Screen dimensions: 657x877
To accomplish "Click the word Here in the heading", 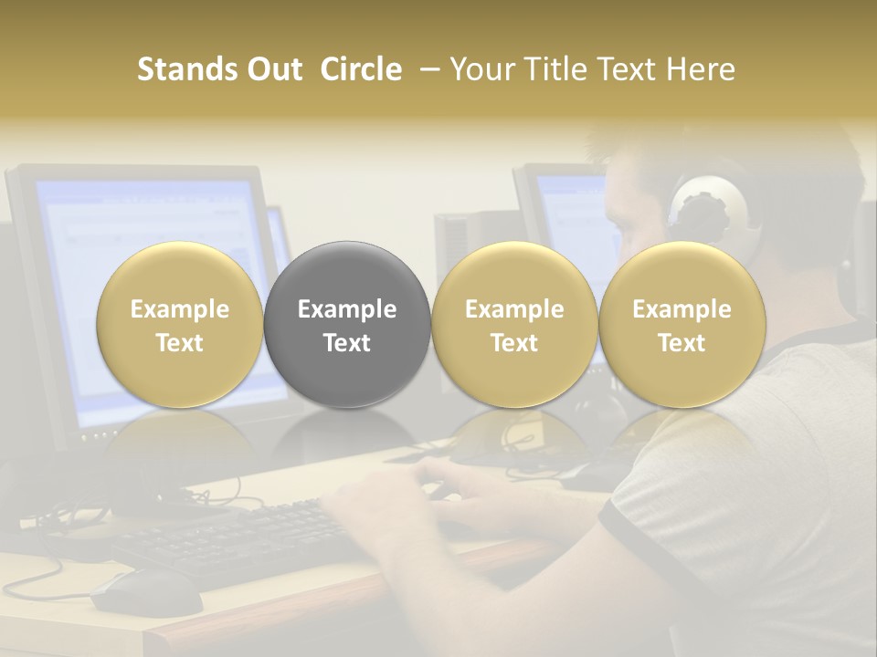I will pyautogui.click(x=701, y=69).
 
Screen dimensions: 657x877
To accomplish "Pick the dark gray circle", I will pyautogui.click(x=347, y=325).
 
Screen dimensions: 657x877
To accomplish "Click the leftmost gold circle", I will pyautogui.click(x=180, y=325).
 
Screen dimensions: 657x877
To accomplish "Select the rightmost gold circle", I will pyautogui.click(x=682, y=325).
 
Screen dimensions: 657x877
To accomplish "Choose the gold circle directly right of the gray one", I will pyautogui.click(x=514, y=325).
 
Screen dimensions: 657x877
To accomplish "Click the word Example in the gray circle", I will pyautogui.click(x=347, y=309).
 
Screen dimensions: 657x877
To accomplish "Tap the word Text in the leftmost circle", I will pyautogui.click(x=180, y=343).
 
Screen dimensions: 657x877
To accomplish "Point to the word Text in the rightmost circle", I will pyautogui.click(x=682, y=343).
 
